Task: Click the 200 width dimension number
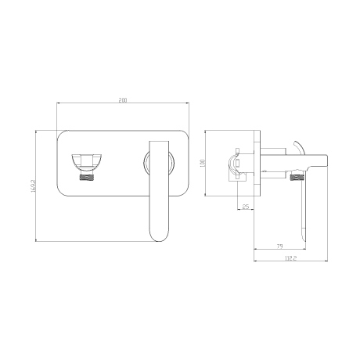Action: click(123, 100)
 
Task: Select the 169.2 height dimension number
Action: click(33, 185)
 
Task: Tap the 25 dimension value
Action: click(246, 207)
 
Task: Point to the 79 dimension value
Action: click(279, 246)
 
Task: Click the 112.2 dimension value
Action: click(291, 258)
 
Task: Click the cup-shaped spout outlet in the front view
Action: click(86, 161)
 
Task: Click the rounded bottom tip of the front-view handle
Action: click(160, 240)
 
